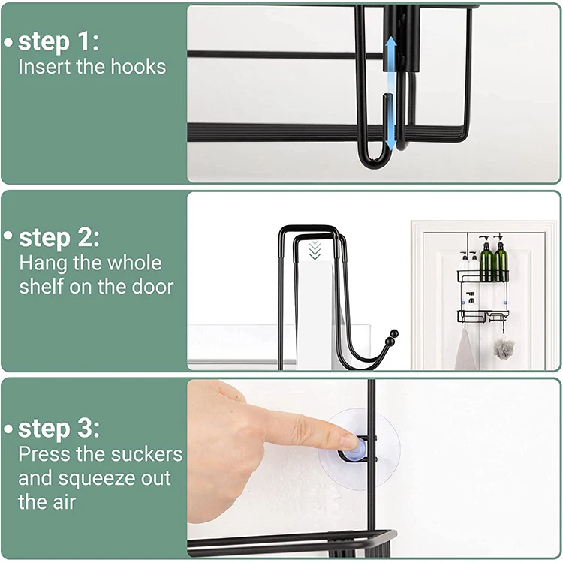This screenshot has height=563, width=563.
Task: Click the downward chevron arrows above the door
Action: pyautogui.click(x=315, y=251)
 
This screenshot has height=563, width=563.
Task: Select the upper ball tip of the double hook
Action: pyautogui.click(x=395, y=333)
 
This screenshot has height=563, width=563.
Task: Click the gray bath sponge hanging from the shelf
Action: pyautogui.click(x=504, y=348)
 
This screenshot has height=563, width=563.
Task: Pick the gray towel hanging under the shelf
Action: pyautogui.click(x=466, y=349)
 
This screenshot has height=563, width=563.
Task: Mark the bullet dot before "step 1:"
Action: pyautogui.click(x=8, y=42)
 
